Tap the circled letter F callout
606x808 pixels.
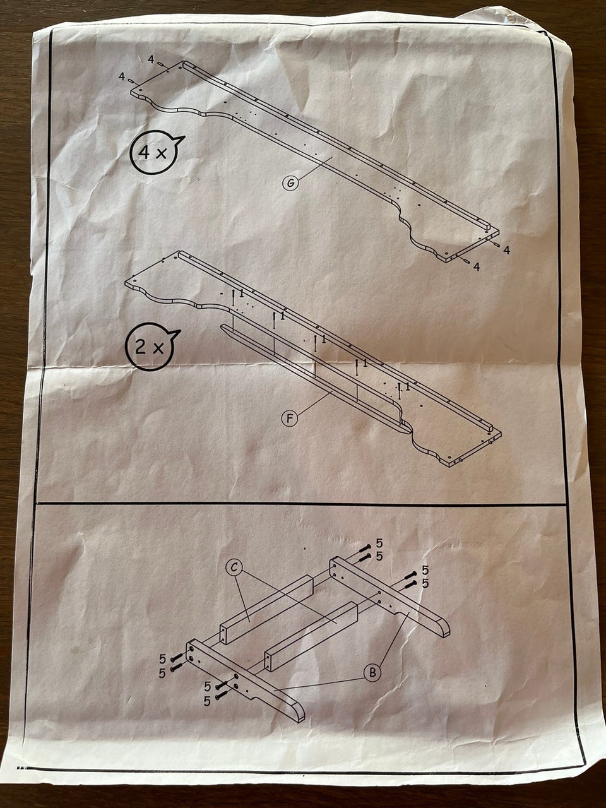point(290,417)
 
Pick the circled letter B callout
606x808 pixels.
point(373,673)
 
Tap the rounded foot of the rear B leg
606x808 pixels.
point(441,627)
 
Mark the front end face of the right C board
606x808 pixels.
point(270,660)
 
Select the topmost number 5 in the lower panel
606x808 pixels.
point(379,543)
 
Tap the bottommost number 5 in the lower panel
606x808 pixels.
point(207,701)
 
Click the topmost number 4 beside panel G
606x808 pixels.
point(151,59)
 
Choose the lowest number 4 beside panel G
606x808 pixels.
point(477,266)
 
